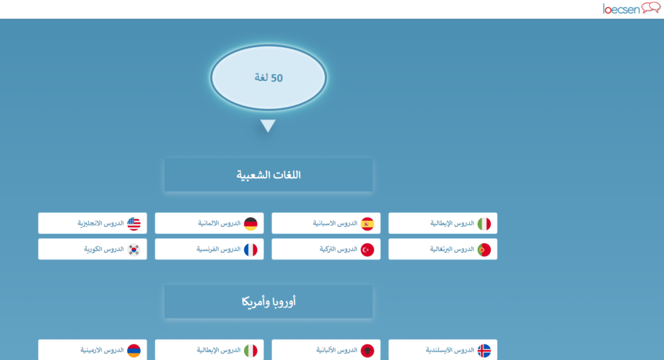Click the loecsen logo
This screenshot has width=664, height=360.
click(x=632, y=8)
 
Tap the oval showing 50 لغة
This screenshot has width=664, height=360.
click(x=268, y=77)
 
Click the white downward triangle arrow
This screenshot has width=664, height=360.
click(x=268, y=126)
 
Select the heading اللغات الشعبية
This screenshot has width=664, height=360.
click(x=268, y=175)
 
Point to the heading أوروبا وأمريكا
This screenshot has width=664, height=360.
click(x=268, y=302)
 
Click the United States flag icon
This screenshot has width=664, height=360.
click(x=134, y=224)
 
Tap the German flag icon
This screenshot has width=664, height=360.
click(x=251, y=224)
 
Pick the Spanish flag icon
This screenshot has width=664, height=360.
click(x=368, y=224)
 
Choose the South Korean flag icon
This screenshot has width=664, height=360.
click(x=134, y=250)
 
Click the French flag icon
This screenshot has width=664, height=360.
click(x=251, y=250)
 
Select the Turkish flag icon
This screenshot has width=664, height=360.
click(x=368, y=250)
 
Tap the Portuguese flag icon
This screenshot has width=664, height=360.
click(x=484, y=250)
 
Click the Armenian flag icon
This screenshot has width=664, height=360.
click(x=134, y=351)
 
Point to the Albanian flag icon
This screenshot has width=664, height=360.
click(x=368, y=351)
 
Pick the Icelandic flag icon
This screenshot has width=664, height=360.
click(x=484, y=351)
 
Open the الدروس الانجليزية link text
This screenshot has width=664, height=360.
click(x=101, y=223)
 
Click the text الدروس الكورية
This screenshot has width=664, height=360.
click(x=104, y=249)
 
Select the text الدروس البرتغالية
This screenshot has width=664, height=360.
click(x=452, y=249)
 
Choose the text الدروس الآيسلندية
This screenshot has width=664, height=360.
click(x=450, y=350)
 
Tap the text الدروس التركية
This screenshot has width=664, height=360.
click(x=338, y=249)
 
